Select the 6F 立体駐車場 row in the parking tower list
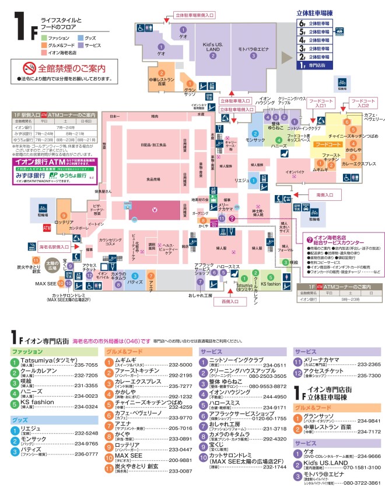(315, 24)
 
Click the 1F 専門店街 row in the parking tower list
(315, 66)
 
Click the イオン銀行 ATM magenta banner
(50, 161)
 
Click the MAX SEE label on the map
(44, 283)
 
